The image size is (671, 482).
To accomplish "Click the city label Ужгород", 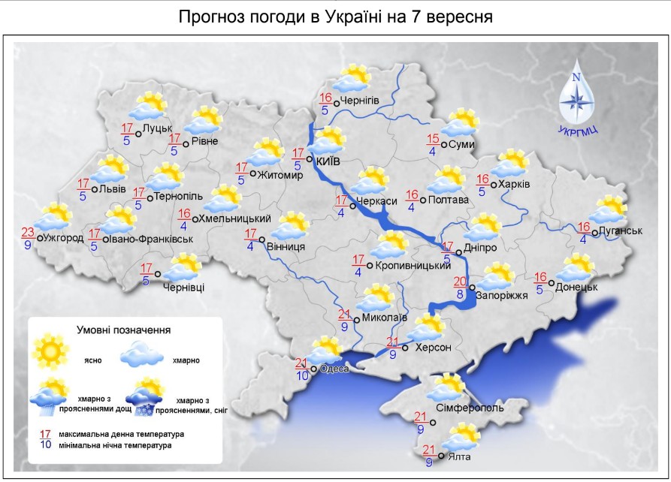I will point(64,238).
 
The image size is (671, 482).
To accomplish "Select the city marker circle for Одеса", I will point(313,369).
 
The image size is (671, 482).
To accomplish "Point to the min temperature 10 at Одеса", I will point(301,375).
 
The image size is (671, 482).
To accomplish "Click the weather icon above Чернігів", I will point(351,79).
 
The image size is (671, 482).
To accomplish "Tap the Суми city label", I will point(463,145).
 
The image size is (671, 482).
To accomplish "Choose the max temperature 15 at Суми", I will point(433,138).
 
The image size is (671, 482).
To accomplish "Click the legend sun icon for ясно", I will point(50,350).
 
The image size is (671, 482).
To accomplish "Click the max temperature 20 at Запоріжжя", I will point(460,282).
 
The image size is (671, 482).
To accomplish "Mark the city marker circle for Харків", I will point(494,185).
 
